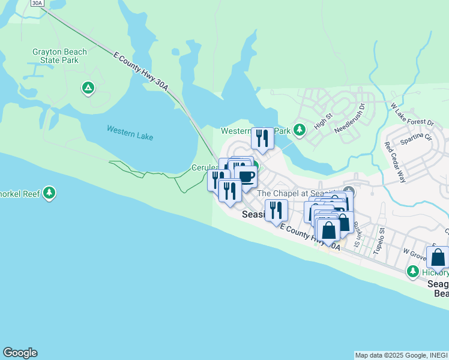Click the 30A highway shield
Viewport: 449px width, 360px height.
(x=37, y=3)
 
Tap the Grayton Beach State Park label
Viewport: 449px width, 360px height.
(x=59, y=56)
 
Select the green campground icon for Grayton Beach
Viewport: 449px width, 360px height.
(x=88, y=89)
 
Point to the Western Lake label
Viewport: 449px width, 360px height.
(x=130, y=133)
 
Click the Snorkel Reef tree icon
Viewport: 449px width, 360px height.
(x=49, y=193)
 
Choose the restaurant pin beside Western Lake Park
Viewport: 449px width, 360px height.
(x=262, y=138)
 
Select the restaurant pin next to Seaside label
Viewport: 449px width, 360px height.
(x=276, y=210)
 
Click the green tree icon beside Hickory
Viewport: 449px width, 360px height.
(x=412, y=272)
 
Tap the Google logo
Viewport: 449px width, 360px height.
(x=20, y=353)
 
